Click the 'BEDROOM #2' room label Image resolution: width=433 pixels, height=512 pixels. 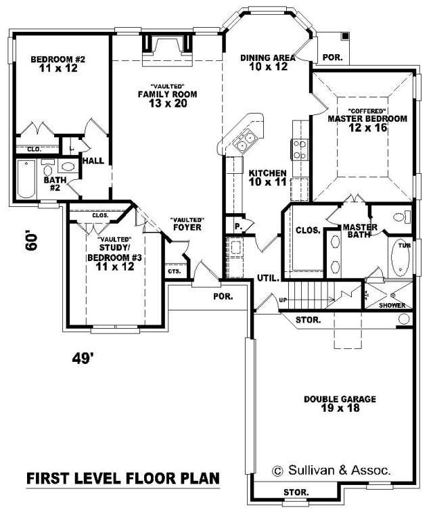[x=58, y=60]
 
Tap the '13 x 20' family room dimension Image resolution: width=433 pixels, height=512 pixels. [x=168, y=103]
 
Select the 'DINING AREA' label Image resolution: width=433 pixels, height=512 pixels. [x=268, y=57]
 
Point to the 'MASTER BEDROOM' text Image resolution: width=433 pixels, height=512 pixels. [x=367, y=118]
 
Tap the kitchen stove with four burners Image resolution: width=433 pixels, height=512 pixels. [x=300, y=149]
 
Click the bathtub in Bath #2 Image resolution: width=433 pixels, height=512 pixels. [x=26, y=179]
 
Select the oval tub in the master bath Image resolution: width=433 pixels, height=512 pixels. [x=401, y=258]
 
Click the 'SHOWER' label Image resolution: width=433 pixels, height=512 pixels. [x=392, y=305]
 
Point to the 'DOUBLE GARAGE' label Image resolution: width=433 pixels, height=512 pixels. [x=340, y=399]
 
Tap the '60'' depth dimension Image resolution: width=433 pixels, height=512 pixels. [x=31, y=241]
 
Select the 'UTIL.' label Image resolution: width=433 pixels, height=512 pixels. [x=268, y=279]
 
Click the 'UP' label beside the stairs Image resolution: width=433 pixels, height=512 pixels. [x=283, y=300]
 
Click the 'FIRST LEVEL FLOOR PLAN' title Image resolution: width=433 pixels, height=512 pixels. [x=122, y=478]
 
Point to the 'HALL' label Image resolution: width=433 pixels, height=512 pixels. [x=93, y=161]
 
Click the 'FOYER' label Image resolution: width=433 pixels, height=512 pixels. [x=187, y=227]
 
